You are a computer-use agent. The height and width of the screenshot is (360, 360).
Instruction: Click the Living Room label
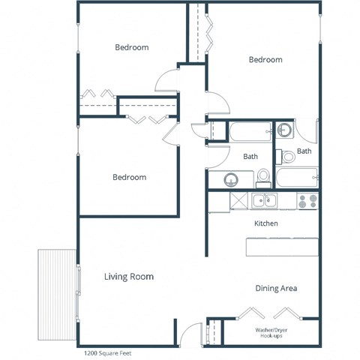click(x=128, y=277)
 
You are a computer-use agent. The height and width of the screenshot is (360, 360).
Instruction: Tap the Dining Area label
click(x=277, y=288)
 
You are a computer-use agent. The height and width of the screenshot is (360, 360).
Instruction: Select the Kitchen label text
click(x=266, y=223)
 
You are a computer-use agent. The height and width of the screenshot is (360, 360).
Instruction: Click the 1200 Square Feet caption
click(x=106, y=351)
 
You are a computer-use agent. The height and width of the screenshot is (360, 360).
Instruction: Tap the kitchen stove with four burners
click(x=307, y=201)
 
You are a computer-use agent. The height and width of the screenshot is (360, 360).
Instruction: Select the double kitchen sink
click(x=264, y=200)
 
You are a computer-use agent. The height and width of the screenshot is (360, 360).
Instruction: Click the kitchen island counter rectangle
click(x=282, y=247)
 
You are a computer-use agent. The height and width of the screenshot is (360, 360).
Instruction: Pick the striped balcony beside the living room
click(x=56, y=285)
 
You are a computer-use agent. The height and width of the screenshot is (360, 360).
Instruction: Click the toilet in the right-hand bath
click(x=289, y=157)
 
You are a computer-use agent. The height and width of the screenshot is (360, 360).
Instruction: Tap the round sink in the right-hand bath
click(x=285, y=131)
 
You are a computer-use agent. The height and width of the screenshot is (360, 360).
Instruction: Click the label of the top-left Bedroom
click(x=131, y=47)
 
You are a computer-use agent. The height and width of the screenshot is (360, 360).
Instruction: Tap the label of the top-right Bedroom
click(x=265, y=60)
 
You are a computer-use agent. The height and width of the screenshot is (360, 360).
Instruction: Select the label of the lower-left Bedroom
click(x=129, y=178)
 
